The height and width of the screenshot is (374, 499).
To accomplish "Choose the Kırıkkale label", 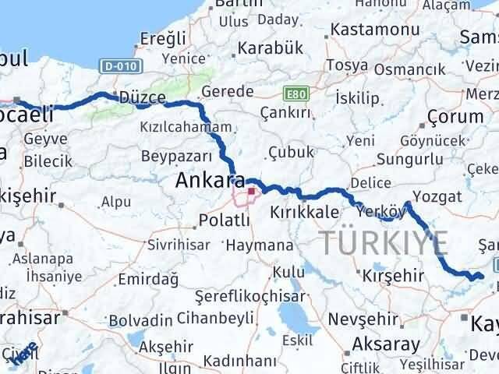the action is pos(303,212).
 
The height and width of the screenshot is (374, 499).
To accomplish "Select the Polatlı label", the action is pos(224,221).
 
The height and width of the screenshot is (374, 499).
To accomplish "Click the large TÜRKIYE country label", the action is pos(383,244).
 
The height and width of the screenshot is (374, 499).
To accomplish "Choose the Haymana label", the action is pos(256,245).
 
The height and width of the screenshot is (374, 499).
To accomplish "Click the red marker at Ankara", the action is pos(251,192).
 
